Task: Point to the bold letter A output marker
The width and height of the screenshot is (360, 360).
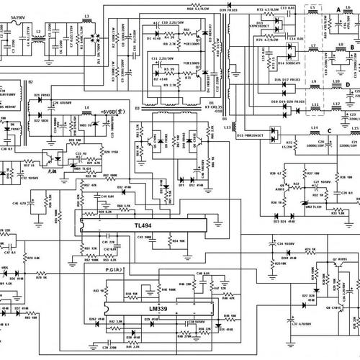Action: pyautogui.click(x=338, y=8)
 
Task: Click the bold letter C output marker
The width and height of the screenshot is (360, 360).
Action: pyautogui.click(x=329, y=130)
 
